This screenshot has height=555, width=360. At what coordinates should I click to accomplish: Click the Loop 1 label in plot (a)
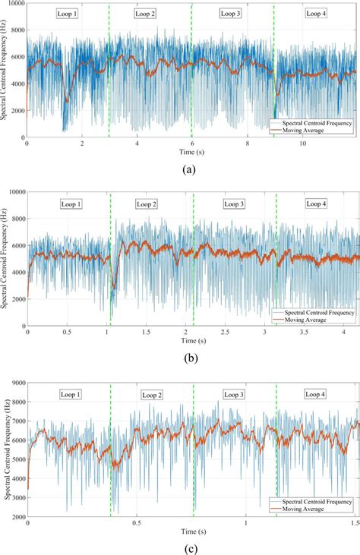pyautogui.click(x=67, y=14)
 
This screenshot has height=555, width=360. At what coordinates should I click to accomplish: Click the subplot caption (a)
pyautogui.click(x=187, y=170)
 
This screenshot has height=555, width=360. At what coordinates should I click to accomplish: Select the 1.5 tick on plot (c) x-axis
pyautogui.click(x=355, y=523)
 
